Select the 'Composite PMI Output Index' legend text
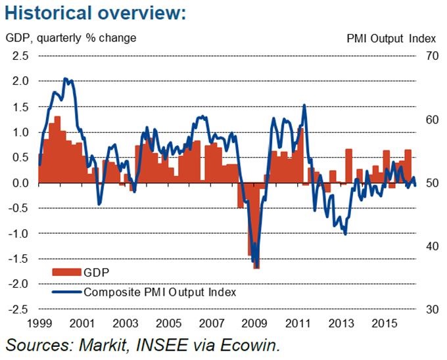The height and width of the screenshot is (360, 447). [160, 291]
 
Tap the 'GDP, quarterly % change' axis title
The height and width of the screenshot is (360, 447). [71, 37]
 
